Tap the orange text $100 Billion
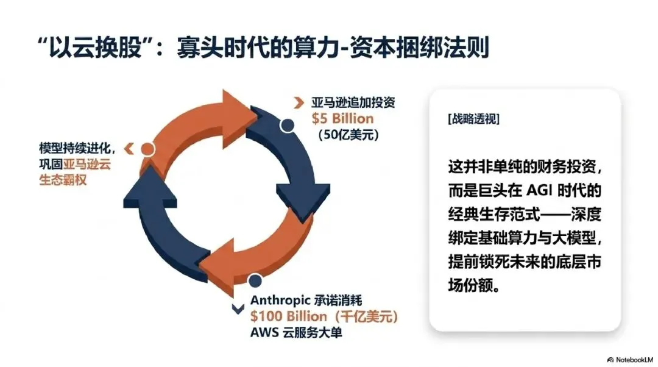click(x=289, y=316)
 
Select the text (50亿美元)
click(x=348, y=134)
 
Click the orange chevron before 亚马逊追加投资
click(x=299, y=102)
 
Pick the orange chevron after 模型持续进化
click(x=128, y=148)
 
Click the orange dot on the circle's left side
click(x=147, y=148)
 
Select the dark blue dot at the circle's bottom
click(x=255, y=280)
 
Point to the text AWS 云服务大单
click(x=297, y=333)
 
